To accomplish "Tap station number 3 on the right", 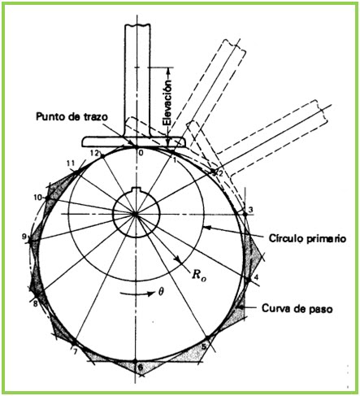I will pos(251,211).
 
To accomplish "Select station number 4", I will pos(257,278).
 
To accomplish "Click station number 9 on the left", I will pos(26,237).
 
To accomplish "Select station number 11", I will pos(72,163).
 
